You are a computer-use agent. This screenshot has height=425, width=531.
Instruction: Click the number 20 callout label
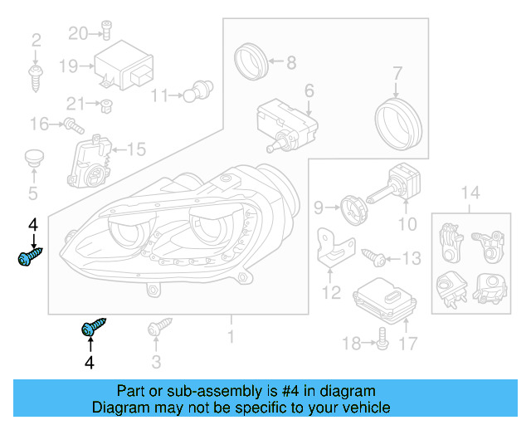click(78, 33)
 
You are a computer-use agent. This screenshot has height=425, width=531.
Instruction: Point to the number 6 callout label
click(309, 90)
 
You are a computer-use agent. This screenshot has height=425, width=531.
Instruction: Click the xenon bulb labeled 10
click(397, 186)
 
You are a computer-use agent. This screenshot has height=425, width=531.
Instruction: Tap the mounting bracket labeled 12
click(336, 250)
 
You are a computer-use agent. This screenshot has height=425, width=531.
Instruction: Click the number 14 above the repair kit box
click(470, 194)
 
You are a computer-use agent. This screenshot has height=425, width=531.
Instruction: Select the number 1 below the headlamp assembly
click(231, 337)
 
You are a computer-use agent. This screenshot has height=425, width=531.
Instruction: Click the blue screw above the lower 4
click(94, 328)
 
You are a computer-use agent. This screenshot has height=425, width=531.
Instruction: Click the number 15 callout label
click(135, 150)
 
